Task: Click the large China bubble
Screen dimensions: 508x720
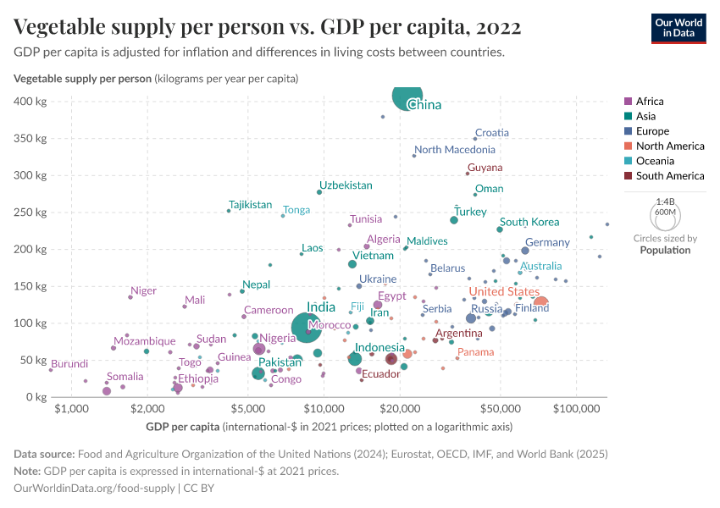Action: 407,99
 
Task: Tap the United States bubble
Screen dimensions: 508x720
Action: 540,303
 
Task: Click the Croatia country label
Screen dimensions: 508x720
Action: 492,133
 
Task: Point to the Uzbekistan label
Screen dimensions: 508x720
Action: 346,185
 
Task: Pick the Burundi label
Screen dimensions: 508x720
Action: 69,364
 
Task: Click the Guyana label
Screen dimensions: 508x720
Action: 485,168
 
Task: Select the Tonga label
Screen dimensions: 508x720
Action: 296,210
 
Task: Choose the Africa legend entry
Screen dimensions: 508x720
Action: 649,101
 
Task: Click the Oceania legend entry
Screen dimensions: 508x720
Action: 653,161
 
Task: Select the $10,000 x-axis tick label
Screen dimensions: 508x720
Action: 324,409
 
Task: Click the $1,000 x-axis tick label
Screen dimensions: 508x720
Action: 71,409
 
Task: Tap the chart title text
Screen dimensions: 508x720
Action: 267,28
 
